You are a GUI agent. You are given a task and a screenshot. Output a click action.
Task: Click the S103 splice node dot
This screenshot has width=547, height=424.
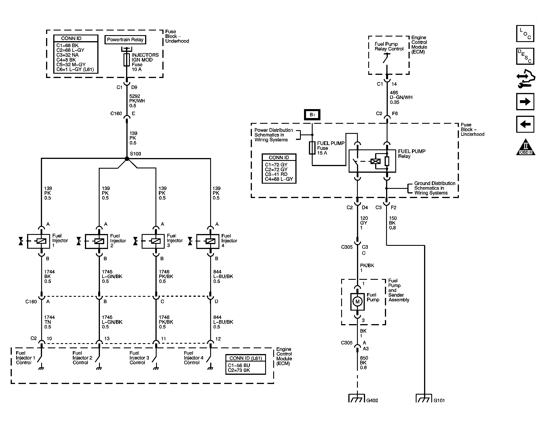(127, 159)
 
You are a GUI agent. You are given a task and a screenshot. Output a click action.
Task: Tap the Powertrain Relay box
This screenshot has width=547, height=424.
(125, 40)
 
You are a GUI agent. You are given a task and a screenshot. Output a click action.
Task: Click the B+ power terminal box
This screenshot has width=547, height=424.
(312, 115)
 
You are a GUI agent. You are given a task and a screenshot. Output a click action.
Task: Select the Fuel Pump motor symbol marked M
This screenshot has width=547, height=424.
(357, 302)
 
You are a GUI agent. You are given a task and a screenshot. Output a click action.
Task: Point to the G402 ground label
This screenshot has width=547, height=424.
(372, 400)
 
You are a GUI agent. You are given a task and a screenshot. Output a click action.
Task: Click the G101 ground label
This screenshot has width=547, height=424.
(439, 400)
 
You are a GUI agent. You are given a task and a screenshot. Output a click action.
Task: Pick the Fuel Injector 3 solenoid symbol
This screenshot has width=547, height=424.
(156, 241)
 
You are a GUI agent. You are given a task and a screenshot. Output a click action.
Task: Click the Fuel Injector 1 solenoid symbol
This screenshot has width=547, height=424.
(41, 241)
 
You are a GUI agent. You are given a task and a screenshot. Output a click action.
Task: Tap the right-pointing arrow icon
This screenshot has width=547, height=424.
(525, 102)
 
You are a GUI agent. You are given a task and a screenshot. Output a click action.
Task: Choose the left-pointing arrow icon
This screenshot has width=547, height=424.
(525, 124)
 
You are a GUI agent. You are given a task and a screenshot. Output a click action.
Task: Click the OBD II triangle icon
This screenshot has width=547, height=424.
(525, 148)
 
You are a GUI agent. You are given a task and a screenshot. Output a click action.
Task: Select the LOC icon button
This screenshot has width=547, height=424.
(525, 33)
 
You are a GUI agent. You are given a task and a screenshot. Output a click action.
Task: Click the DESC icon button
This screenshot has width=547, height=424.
(525, 56)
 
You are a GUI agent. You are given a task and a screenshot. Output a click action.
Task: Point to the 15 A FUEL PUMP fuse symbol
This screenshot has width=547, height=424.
(312, 148)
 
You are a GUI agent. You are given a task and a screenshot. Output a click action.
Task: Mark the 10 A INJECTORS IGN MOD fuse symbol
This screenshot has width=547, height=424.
(127, 60)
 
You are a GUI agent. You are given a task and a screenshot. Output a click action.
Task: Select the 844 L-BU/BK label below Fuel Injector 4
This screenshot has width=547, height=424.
(223, 276)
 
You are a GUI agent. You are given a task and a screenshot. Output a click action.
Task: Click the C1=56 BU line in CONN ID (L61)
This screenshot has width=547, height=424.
(239, 365)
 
